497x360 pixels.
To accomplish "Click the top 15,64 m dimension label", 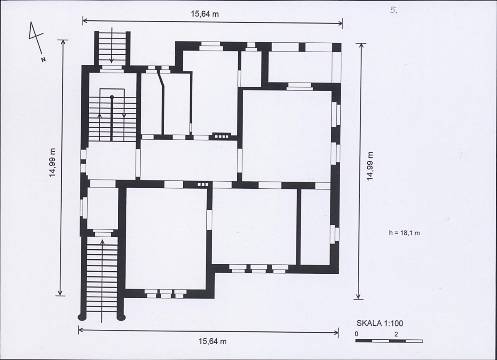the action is click(x=205, y=14).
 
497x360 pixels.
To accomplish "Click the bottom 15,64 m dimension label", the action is click(x=213, y=342).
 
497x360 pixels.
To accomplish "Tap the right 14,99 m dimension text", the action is click(x=370, y=166).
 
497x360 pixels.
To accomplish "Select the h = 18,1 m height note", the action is click(x=405, y=233).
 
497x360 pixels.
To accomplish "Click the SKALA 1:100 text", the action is click(x=380, y=323).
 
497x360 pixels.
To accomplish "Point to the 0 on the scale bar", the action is click(x=356, y=334).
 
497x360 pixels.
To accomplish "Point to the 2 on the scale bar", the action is click(x=396, y=334).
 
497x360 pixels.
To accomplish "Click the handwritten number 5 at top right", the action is click(x=393, y=10).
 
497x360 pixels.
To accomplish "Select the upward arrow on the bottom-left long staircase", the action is click(x=102, y=281).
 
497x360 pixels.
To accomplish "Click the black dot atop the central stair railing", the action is click(x=112, y=97).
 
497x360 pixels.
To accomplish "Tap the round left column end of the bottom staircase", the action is click(x=82, y=316).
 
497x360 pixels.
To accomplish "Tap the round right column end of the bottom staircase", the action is click(x=121, y=316).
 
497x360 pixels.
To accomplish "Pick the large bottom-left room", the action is click(x=166, y=238).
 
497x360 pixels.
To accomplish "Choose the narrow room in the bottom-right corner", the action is click(x=315, y=226).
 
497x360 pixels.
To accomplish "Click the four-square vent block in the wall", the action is click(x=220, y=136).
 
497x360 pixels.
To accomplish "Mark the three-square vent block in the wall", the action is click(x=203, y=184).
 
